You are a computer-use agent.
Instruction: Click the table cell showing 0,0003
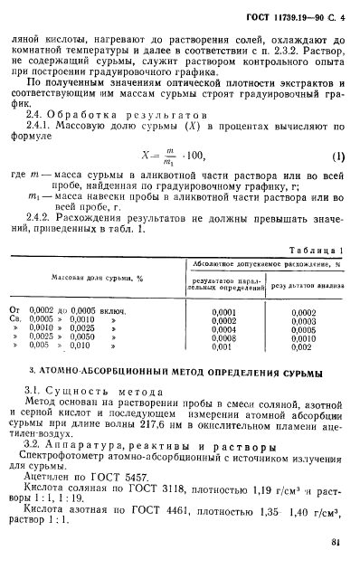coord(303,320)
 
